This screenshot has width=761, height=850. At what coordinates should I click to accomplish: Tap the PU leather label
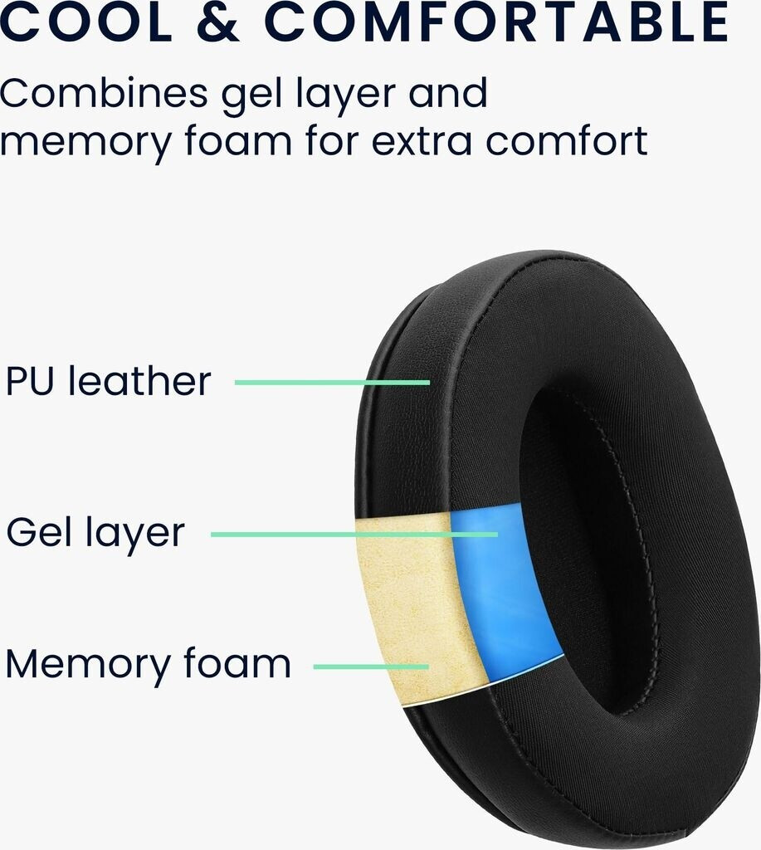(108, 381)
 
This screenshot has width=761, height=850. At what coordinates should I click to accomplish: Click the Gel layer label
(95, 532)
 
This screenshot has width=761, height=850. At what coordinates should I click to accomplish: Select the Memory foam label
(148, 664)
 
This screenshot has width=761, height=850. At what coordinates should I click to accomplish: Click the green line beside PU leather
(332, 383)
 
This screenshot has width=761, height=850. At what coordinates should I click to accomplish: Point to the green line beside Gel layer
(354, 535)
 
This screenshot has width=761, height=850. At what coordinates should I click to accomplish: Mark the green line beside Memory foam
(370, 666)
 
